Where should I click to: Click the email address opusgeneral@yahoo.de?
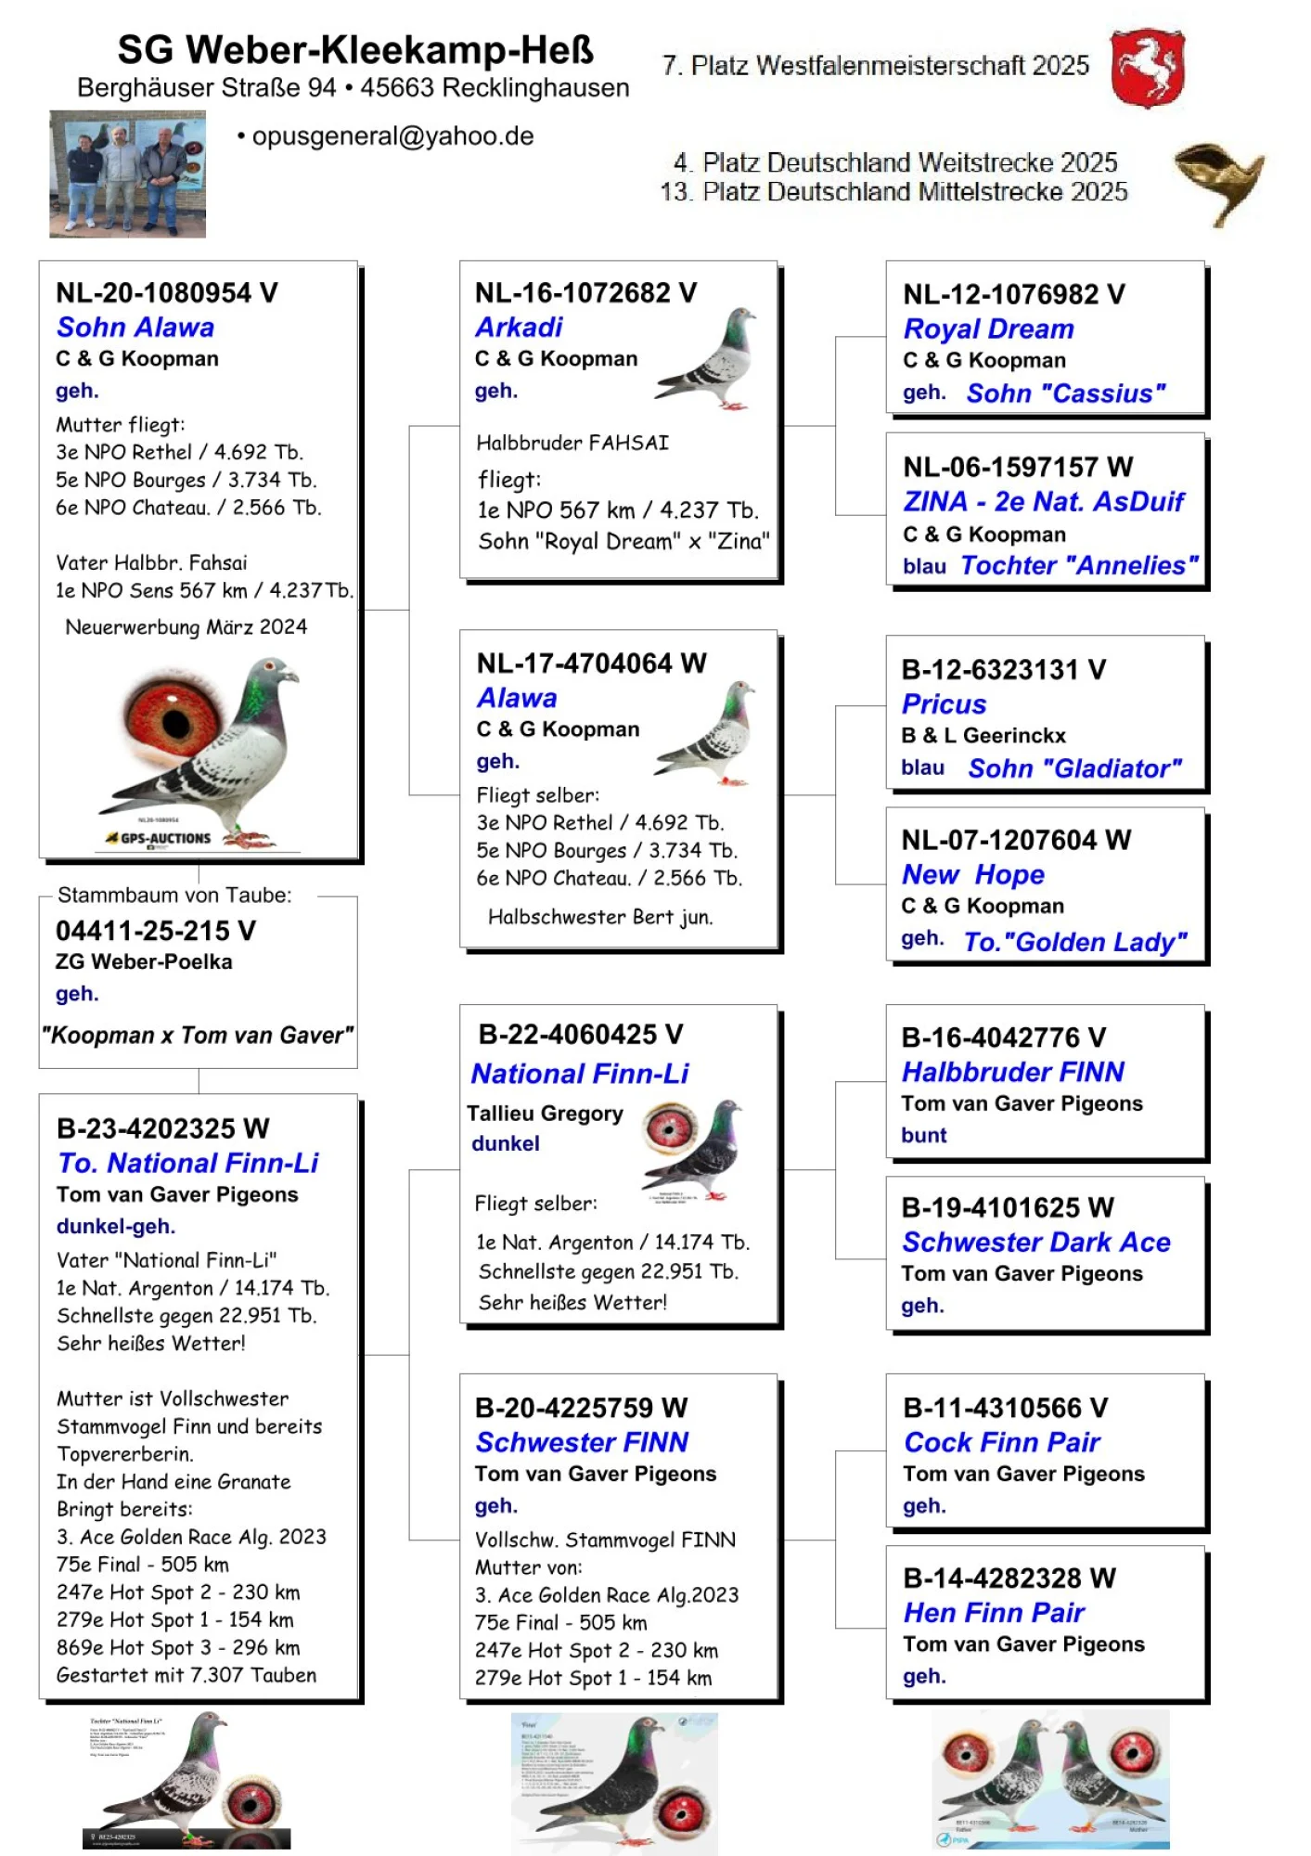point(392,136)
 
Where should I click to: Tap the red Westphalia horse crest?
point(1148,69)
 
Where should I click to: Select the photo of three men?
point(127,174)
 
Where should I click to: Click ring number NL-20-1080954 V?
point(167,293)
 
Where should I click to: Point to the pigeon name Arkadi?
point(519,328)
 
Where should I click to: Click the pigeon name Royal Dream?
point(988,329)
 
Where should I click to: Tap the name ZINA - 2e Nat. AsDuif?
point(1043,502)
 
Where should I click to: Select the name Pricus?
point(944,704)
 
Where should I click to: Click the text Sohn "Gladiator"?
point(1074,768)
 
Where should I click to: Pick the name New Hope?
point(972,875)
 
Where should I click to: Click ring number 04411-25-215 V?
point(156,931)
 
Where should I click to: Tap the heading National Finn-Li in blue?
point(580,1074)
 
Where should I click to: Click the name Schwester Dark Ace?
point(1035,1243)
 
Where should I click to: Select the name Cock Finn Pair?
point(1001,1443)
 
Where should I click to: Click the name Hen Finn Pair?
point(994,1613)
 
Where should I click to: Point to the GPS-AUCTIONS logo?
point(160,838)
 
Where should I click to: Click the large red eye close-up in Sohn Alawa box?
point(176,719)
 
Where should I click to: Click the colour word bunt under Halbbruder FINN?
point(923,1136)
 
